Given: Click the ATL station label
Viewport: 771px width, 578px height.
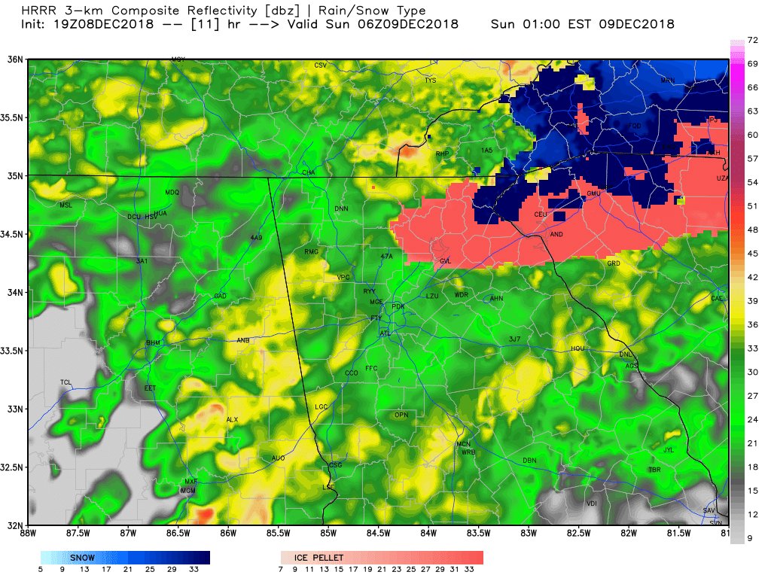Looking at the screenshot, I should (385, 333).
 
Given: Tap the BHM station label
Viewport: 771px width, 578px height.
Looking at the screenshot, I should (153, 343).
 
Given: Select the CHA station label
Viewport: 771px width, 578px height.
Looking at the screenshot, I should (308, 172).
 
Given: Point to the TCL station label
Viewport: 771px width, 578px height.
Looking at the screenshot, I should (66, 383).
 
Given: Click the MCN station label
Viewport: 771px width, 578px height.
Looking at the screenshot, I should (464, 444).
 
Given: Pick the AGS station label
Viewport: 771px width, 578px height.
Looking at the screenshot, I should (631, 366).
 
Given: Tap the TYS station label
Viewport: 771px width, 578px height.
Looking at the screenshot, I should (430, 80).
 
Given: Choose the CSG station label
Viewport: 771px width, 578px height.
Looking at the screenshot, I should (336, 465).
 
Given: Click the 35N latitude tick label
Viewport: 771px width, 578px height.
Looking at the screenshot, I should (14, 175).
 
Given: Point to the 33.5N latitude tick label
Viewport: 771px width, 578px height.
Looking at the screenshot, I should (14, 351).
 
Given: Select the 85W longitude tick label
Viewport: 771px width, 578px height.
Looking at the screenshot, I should (328, 534).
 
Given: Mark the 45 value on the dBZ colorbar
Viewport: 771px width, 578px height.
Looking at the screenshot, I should (751, 254).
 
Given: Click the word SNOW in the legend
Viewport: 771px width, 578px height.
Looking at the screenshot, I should (82, 558).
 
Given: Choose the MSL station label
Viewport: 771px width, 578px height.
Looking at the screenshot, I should (67, 205).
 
